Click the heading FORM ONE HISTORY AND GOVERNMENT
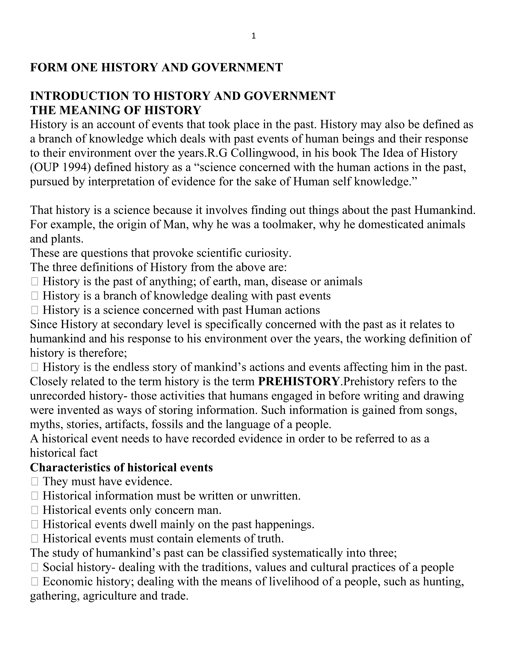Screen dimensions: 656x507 [x=156, y=67]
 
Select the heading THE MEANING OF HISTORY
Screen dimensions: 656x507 [x=115, y=110]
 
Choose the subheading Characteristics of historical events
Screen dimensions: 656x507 [x=121, y=467]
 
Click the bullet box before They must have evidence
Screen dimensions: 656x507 [x=35, y=482]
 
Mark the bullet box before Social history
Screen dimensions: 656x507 [x=35, y=567]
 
